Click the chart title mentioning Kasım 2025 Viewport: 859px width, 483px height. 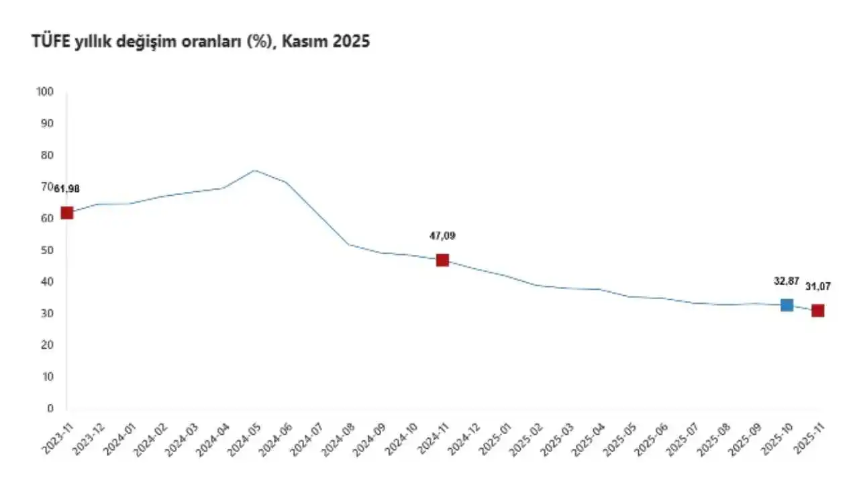click(x=201, y=42)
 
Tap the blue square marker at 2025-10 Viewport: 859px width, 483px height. click(x=787, y=305)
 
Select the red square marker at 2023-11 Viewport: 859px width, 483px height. click(x=66, y=213)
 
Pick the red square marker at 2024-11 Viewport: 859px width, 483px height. click(x=442, y=260)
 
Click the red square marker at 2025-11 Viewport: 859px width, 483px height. click(x=817, y=311)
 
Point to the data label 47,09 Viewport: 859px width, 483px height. click(x=442, y=236)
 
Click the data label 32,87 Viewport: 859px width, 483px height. click(x=787, y=281)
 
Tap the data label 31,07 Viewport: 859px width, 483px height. click(x=818, y=286)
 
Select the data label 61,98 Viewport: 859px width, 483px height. click(x=67, y=189)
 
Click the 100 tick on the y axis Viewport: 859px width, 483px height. click(x=46, y=92)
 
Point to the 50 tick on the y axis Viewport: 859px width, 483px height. click(x=49, y=250)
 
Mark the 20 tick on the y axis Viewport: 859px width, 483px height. click(x=49, y=345)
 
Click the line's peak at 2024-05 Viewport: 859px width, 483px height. click(x=254, y=170)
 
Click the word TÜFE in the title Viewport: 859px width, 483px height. click(x=49, y=42)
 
